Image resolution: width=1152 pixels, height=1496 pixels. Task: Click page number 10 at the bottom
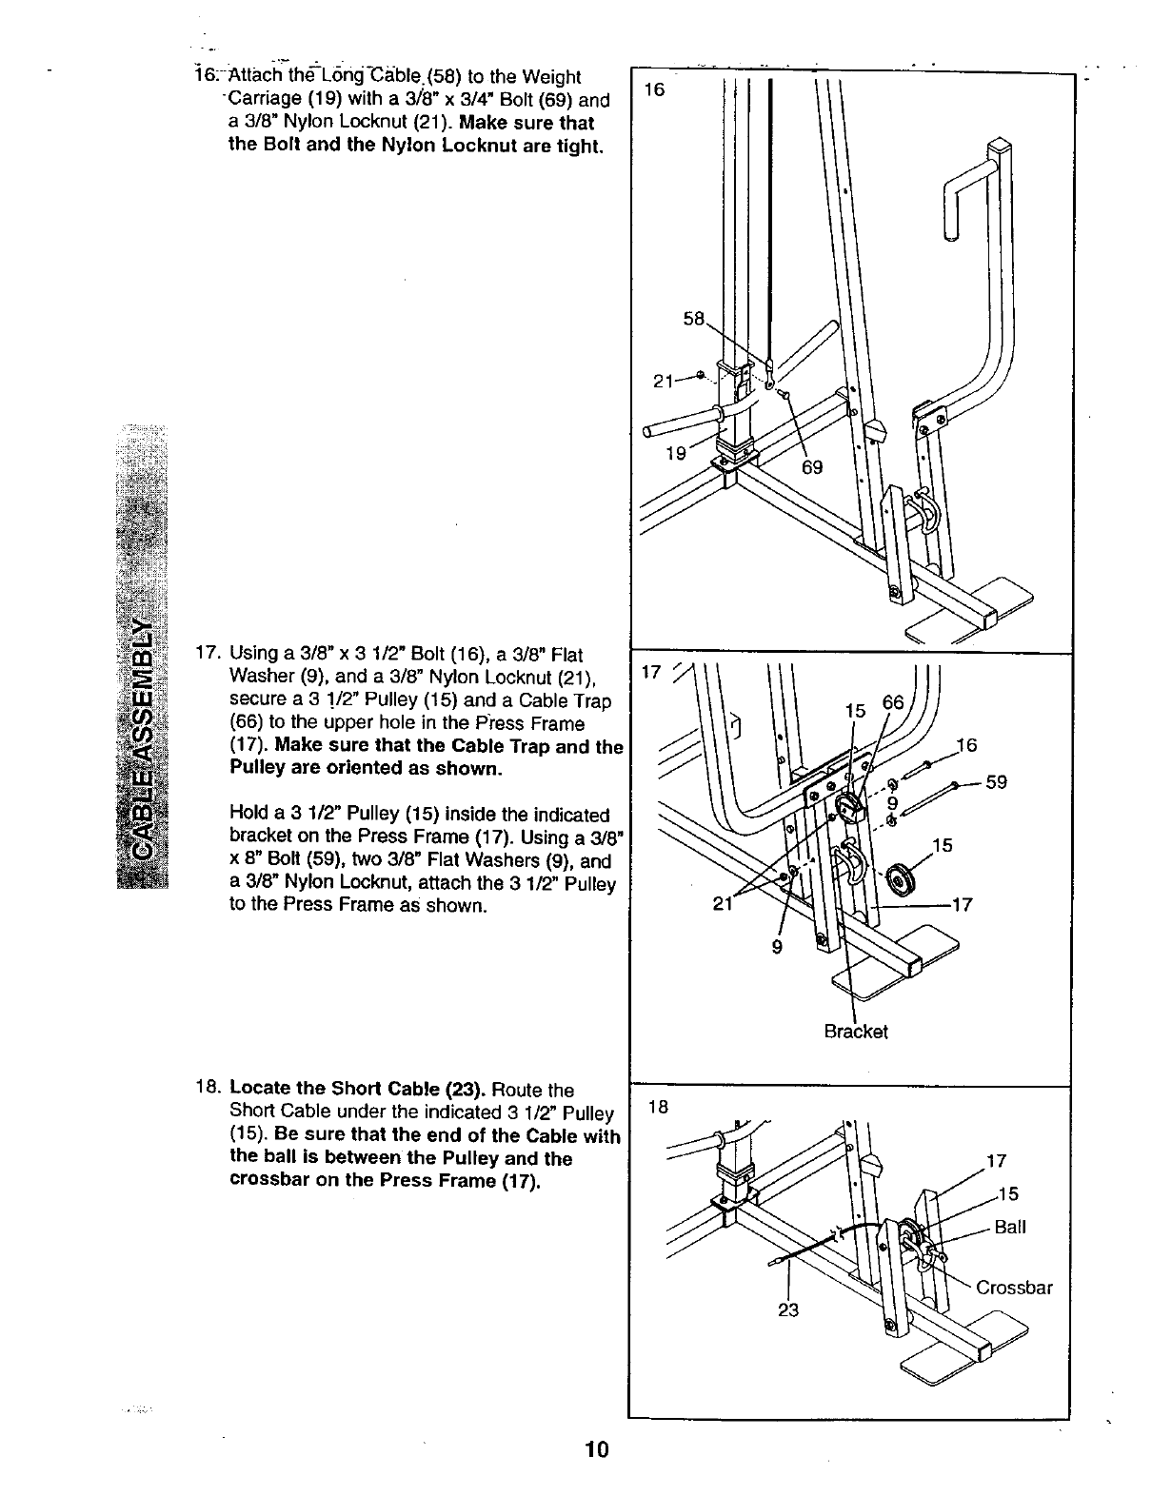click(597, 1449)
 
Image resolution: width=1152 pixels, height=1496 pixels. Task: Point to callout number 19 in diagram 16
click(676, 453)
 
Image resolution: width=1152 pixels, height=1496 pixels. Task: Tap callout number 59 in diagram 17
click(996, 783)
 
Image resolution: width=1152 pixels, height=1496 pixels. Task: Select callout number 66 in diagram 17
click(893, 704)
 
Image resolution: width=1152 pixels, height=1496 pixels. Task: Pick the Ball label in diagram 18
click(1009, 1227)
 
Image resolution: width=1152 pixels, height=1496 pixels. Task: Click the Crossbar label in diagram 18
click(1015, 1289)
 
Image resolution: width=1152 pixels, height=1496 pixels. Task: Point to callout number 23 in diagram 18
click(788, 1309)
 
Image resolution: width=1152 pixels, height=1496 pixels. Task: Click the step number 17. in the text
click(207, 655)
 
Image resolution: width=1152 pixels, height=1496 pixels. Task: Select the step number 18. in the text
click(207, 1089)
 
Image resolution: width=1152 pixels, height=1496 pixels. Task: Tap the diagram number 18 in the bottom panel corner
click(657, 1107)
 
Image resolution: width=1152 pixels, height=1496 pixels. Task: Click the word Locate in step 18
click(260, 1089)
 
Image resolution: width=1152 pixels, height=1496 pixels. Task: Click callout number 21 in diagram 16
click(665, 382)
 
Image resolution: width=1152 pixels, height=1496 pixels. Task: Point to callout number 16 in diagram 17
click(966, 745)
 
